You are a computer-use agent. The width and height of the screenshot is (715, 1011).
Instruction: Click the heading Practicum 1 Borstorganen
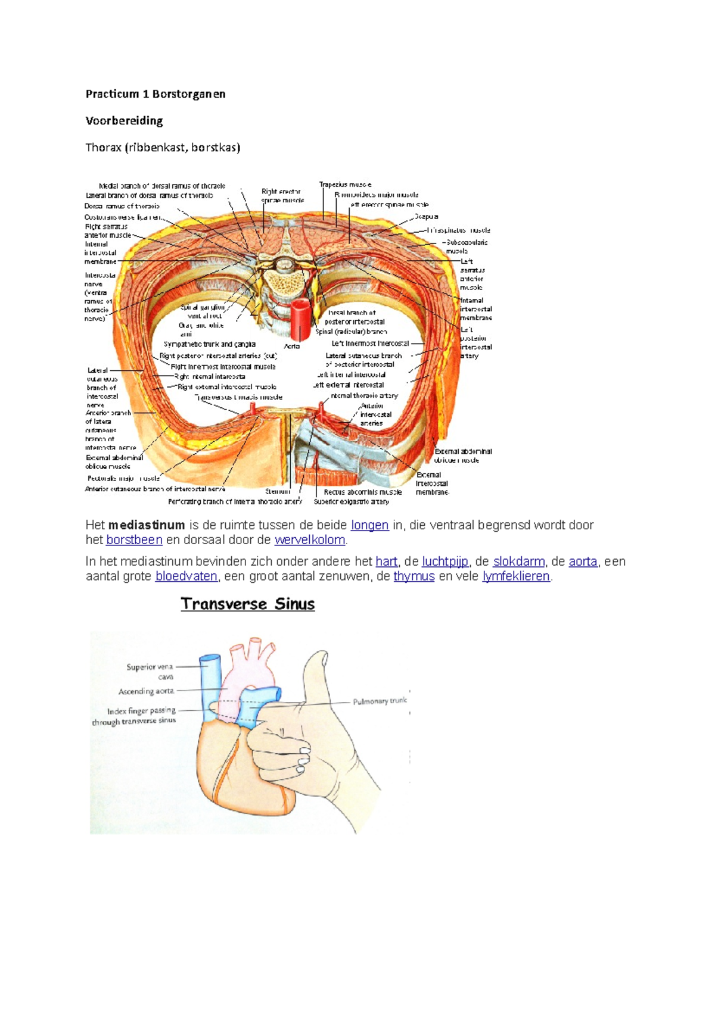click(156, 94)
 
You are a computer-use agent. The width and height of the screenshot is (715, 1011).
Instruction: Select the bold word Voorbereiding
click(124, 121)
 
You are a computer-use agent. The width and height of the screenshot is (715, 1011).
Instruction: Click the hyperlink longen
click(369, 525)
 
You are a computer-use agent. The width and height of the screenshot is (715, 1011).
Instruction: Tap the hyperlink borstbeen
click(134, 540)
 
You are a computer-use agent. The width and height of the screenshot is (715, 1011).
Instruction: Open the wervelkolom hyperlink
click(310, 540)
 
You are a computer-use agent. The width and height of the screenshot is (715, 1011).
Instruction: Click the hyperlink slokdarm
click(518, 561)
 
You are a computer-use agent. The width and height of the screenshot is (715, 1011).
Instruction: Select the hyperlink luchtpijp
click(445, 561)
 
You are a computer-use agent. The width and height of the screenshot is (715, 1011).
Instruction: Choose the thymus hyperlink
click(414, 576)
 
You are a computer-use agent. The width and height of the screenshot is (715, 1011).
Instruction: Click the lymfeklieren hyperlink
click(516, 576)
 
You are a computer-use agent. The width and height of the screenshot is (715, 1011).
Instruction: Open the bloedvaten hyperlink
click(186, 576)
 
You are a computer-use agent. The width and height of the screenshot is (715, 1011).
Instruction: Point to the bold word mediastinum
click(147, 525)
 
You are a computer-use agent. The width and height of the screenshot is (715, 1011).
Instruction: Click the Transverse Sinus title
click(248, 604)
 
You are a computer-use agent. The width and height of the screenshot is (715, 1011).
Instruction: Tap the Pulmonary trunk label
click(380, 701)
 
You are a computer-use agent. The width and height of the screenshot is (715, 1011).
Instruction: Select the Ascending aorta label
click(146, 691)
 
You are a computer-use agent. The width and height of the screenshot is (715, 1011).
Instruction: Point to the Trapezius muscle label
click(346, 185)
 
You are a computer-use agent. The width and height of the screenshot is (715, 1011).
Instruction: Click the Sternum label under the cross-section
click(278, 492)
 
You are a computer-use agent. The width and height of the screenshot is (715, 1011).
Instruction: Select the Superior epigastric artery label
click(352, 501)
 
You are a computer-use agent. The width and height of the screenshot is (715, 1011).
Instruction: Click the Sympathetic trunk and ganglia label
click(210, 344)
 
